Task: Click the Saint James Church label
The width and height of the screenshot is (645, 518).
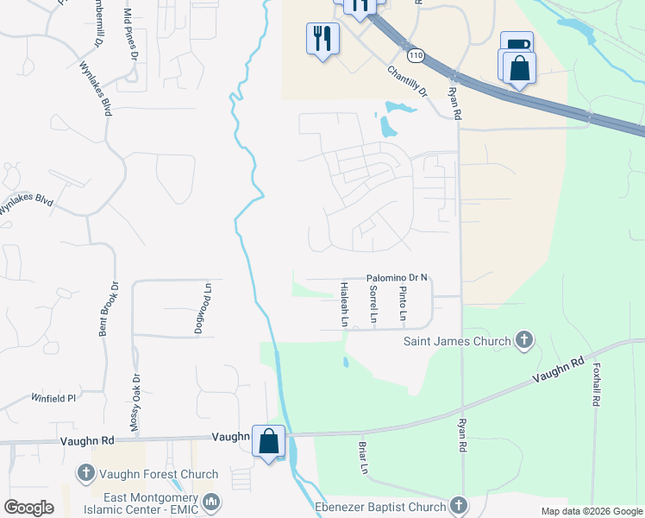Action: (x=458, y=341)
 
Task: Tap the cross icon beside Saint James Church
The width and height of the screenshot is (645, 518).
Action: (x=523, y=340)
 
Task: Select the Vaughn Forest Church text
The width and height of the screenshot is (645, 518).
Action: (x=158, y=474)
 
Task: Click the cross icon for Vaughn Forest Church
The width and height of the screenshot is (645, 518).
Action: (x=85, y=473)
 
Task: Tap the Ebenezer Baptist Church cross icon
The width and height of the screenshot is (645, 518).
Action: (x=458, y=506)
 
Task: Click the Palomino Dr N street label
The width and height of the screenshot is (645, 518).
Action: (x=398, y=277)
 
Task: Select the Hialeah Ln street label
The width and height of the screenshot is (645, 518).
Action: (x=345, y=303)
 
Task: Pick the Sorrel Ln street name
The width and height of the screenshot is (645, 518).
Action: (x=373, y=305)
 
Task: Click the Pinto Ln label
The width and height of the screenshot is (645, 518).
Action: (x=403, y=304)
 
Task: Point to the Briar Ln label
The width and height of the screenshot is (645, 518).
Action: (x=364, y=458)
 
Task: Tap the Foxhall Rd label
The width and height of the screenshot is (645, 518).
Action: (x=596, y=385)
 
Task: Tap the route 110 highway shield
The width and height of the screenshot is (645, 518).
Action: (x=416, y=55)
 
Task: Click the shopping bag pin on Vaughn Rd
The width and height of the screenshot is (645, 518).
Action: (x=269, y=442)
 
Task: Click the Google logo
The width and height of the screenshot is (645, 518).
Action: (x=28, y=508)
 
